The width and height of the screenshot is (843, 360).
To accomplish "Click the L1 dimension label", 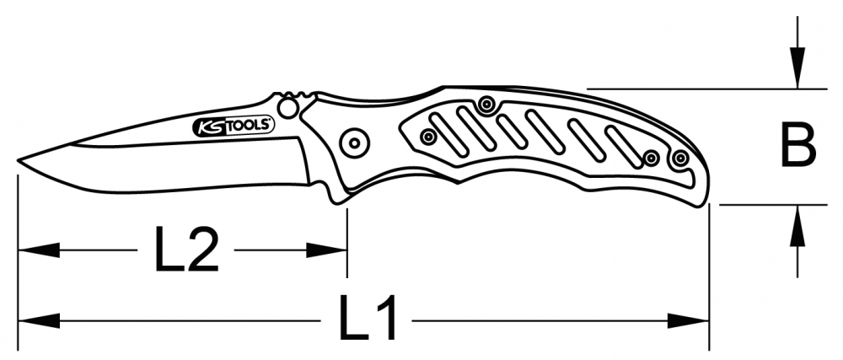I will [369, 320].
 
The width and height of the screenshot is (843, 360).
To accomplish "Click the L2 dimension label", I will [187, 250].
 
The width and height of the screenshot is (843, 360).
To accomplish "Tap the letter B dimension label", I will [797, 146].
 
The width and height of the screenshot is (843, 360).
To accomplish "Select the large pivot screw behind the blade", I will [353, 142].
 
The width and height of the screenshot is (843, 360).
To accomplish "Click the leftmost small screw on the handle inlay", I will [428, 136].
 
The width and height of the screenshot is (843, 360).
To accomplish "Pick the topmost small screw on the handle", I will [485, 105].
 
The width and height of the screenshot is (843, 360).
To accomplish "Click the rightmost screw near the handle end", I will [679, 159].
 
